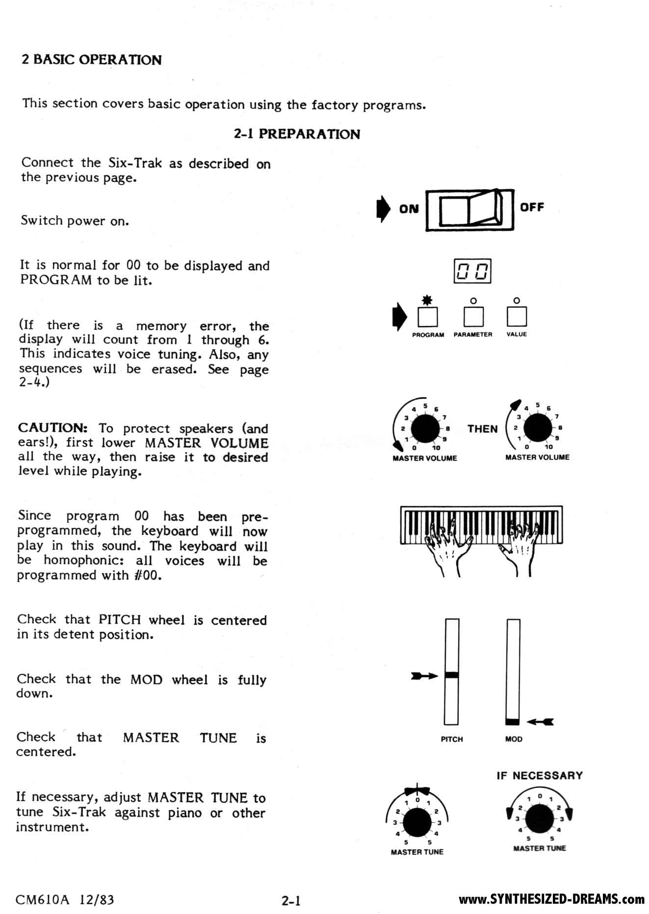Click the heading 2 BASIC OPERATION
[91, 60]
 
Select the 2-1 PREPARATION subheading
[297, 134]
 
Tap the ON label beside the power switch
[409, 209]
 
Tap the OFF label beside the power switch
[532, 207]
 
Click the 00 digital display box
[472, 271]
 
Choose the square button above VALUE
[517, 316]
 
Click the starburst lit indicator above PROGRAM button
[427, 300]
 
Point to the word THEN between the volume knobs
[482, 429]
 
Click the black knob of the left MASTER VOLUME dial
[425, 428]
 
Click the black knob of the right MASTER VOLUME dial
[538, 428]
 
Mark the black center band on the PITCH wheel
[451, 675]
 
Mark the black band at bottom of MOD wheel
[513, 721]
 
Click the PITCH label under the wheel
[451, 739]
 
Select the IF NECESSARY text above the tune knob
[539, 775]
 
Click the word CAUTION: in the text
[53, 428]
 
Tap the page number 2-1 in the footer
[290, 900]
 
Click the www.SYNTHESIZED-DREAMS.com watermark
[551, 899]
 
